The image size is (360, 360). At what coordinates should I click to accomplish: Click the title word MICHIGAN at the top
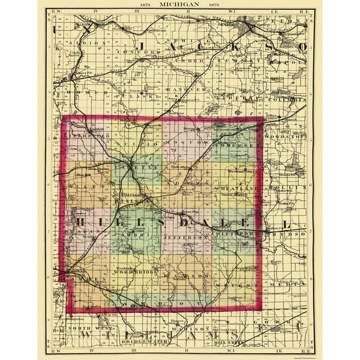[x=180, y=5]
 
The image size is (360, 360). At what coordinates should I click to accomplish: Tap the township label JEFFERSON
[x=186, y=238]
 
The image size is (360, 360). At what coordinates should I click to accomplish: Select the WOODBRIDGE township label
[x=134, y=273]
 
